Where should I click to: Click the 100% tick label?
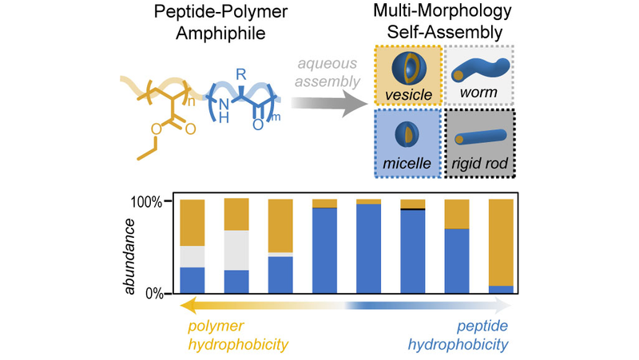click(x=147, y=202)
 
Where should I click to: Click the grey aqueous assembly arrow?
click(x=327, y=103)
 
